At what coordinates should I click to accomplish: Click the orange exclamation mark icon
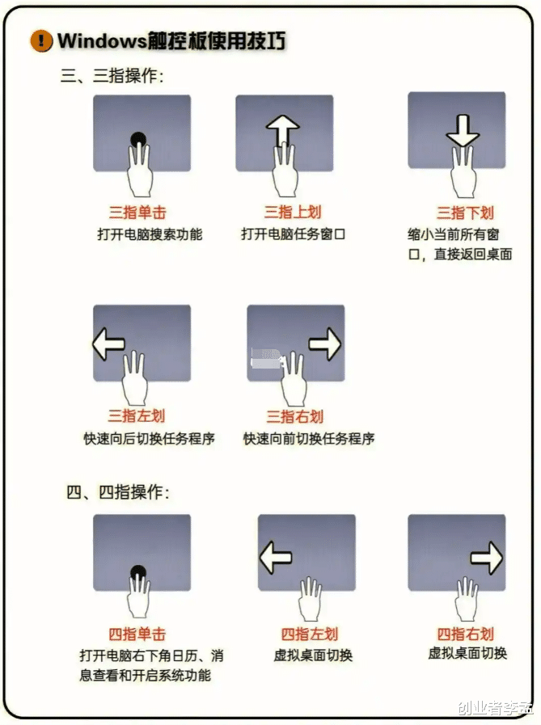click(41, 40)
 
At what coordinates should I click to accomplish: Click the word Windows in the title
click(102, 40)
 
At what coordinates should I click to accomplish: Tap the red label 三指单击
click(137, 213)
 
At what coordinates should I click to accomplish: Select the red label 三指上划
click(293, 212)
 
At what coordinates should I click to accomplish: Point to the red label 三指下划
click(465, 213)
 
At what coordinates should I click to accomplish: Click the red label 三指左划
click(137, 415)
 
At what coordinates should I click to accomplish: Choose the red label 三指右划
click(295, 416)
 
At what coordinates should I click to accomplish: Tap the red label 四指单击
click(137, 634)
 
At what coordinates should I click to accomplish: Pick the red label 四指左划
click(310, 634)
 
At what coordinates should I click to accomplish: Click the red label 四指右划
click(466, 634)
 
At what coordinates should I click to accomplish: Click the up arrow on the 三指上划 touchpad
click(282, 130)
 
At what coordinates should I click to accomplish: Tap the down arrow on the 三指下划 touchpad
click(463, 130)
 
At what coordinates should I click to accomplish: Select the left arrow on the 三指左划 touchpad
click(108, 344)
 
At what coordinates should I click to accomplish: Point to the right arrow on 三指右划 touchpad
click(325, 344)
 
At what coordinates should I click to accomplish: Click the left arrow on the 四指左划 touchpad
click(276, 558)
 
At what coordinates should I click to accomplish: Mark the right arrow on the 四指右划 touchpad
click(486, 558)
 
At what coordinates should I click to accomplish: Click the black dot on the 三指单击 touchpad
click(138, 140)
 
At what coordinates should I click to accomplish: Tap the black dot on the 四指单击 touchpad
click(138, 572)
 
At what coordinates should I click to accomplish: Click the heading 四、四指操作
click(118, 492)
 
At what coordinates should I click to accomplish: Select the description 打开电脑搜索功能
click(150, 234)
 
